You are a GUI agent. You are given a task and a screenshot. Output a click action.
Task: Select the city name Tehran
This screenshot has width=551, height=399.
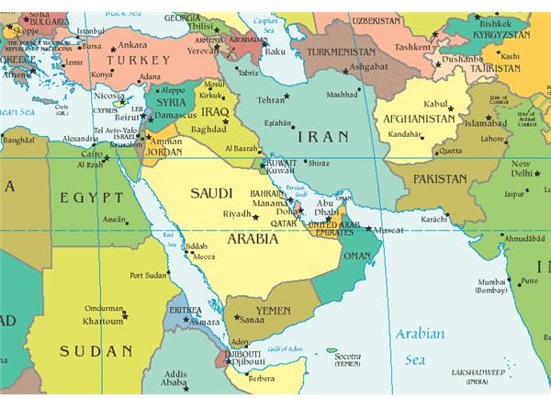tap(270, 99)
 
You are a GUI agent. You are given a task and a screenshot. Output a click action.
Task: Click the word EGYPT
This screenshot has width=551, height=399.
tap(85, 198)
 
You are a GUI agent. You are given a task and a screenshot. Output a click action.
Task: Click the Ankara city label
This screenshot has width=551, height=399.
tap(131, 44)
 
